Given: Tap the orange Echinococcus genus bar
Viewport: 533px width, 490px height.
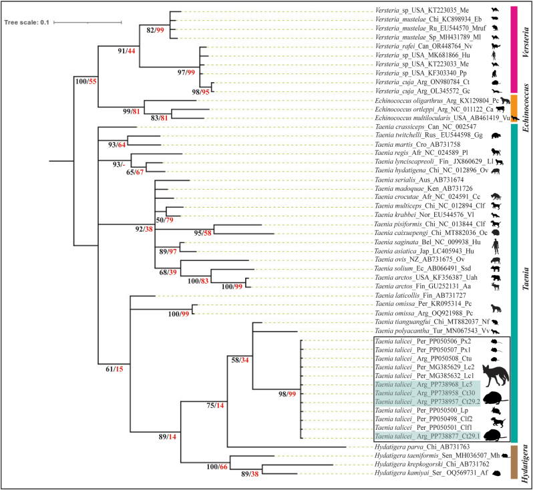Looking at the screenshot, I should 514,108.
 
